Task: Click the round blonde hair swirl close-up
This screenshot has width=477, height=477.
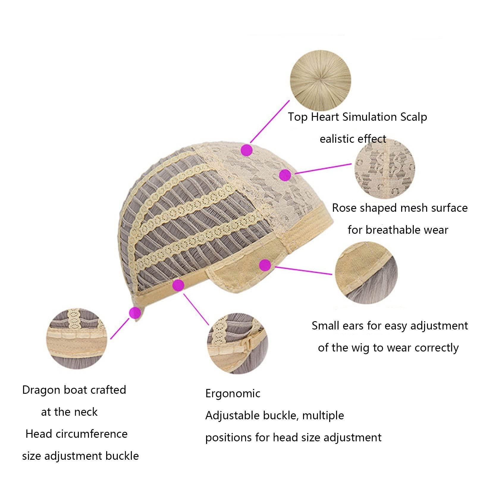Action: (x=321, y=80)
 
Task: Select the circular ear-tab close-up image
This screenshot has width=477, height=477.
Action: (x=366, y=273)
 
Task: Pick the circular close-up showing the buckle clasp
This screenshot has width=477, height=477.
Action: (x=237, y=343)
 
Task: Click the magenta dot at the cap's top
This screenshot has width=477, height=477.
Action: (x=247, y=150)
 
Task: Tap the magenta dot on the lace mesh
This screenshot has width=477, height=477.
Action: (x=285, y=175)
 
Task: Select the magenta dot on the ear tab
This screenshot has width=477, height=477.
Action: (x=265, y=265)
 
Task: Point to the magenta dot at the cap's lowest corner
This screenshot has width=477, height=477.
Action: (x=135, y=313)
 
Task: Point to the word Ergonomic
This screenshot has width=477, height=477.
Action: (x=233, y=394)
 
